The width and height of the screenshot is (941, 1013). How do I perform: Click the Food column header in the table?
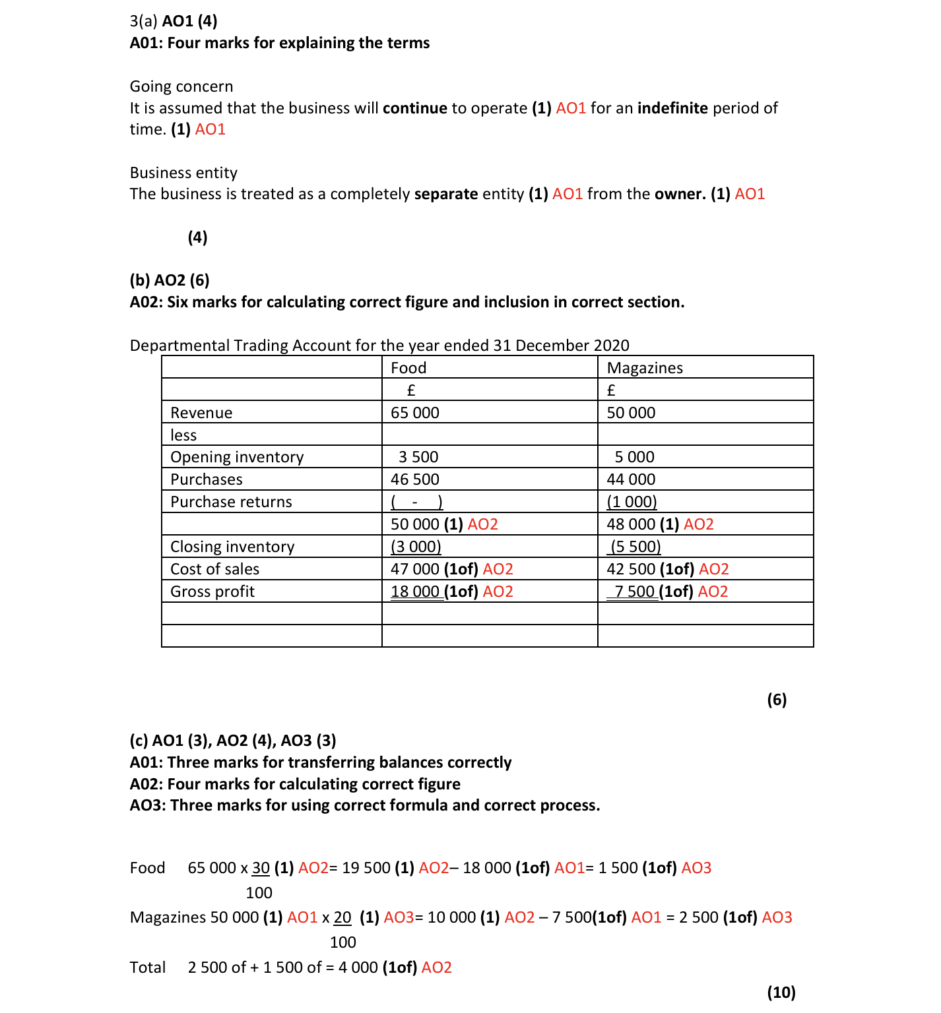[x=408, y=368]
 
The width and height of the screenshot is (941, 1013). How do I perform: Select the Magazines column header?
[x=645, y=368]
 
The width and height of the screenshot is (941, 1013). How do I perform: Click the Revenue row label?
[x=201, y=413]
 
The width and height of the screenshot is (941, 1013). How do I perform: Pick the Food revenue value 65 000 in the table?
[x=414, y=413]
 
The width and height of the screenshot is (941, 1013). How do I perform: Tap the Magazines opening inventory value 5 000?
[x=634, y=457]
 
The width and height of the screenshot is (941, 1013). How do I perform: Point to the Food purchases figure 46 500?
[x=414, y=479]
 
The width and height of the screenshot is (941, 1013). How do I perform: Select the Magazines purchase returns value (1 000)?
[x=632, y=502]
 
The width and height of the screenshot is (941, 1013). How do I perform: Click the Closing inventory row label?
[x=232, y=547]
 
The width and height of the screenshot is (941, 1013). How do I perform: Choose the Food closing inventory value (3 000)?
[x=416, y=547]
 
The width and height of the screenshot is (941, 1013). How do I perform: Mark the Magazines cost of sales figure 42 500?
[x=631, y=569]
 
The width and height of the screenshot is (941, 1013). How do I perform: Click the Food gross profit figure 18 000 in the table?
[x=415, y=592]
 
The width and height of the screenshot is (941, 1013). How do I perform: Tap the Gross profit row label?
[x=212, y=592]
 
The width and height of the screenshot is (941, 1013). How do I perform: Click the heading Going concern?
[x=181, y=86]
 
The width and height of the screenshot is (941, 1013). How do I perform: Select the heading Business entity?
[x=183, y=173]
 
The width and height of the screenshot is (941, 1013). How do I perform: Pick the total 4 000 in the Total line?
[x=358, y=967]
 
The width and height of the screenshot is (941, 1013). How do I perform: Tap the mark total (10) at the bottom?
[x=781, y=993]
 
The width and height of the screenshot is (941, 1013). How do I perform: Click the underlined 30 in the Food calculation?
[x=261, y=868]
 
